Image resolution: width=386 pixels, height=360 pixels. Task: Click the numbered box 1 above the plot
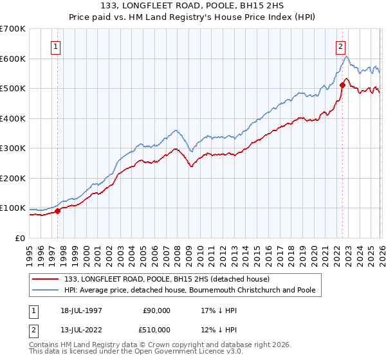click(x=57, y=46)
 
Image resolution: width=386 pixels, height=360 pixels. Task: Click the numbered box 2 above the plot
click(x=340, y=46)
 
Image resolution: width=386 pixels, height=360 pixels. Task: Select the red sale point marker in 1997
click(x=57, y=210)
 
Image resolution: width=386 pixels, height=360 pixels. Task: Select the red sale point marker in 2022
click(x=342, y=85)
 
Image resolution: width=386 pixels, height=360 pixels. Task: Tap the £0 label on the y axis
click(x=21, y=238)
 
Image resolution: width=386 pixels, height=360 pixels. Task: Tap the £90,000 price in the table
click(x=156, y=310)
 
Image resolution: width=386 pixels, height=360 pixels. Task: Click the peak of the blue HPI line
click(x=346, y=57)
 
